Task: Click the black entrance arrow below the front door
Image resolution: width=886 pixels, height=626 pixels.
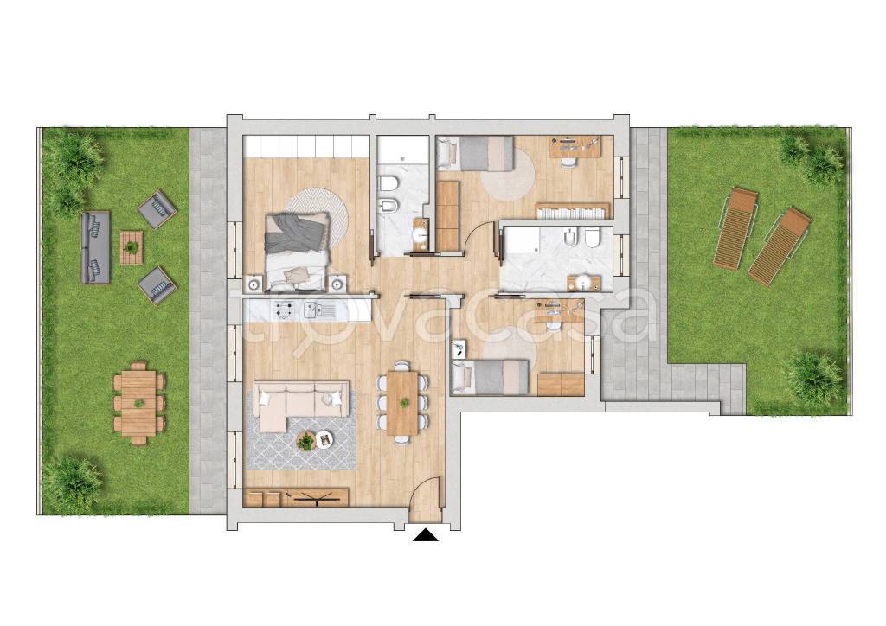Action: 426,535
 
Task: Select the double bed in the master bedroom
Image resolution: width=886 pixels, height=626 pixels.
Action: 298,250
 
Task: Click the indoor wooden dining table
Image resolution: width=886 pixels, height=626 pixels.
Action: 402,402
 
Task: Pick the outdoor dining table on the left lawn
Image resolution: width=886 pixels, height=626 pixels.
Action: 138,402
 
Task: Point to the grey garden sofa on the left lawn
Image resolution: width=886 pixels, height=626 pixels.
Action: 95,248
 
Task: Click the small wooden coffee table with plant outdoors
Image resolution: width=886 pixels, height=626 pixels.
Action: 132,247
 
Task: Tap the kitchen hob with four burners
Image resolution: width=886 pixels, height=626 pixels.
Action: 284,310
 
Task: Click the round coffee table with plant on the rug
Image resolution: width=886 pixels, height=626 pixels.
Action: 305,440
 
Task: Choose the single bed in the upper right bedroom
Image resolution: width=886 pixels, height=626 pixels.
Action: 475,153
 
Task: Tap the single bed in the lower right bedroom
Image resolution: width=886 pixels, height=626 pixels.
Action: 490,377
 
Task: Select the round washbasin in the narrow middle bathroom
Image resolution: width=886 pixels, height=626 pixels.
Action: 420,235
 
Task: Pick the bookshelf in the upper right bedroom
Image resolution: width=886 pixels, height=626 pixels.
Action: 573,211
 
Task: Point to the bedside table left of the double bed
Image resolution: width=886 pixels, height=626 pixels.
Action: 254,284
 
